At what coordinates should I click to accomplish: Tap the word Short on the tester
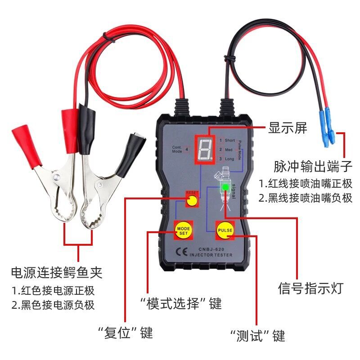(x=229, y=140)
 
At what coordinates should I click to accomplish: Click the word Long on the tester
(x=229, y=159)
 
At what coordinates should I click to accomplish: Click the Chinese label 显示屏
(x=288, y=128)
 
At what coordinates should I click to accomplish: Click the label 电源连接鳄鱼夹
(x=57, y=272)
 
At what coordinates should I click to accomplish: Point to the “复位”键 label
(x=126, y=333)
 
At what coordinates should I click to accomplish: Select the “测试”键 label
(x=257, y=336)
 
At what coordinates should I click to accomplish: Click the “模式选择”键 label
(x=181, y=304)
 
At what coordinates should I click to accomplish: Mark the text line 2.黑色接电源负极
(x=53, y=305)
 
